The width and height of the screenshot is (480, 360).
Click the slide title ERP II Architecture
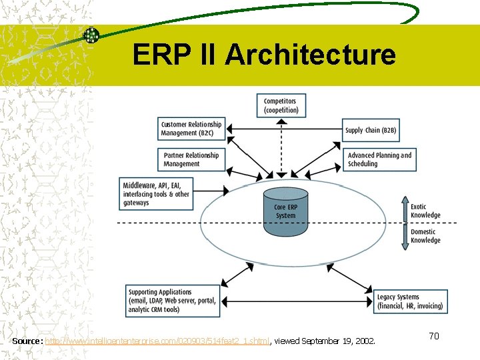[x=264, y=55]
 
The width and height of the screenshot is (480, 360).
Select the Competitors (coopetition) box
[x=280, y=105]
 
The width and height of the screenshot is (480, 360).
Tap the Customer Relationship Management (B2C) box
[x=191, y=129]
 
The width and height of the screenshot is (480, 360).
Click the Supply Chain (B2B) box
[x=371, y=130]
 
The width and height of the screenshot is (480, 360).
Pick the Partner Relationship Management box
[x=191, y=159]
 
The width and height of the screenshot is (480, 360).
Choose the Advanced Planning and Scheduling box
[x=379, y=159]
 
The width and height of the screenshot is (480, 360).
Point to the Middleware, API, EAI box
[x=157, y=194]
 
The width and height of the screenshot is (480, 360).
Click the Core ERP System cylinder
[x=285, y=211]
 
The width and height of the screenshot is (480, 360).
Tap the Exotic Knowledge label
[x=425, y=211]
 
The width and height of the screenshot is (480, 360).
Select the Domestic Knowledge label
[x=425, y=236]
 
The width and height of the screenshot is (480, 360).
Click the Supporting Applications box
[x=172, y=301]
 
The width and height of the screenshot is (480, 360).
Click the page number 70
[x=433, y=336]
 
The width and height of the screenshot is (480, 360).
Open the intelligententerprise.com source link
[x=157, y=341]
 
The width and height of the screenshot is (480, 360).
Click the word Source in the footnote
[x=27, y=341]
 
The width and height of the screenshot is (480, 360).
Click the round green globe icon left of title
[x=91, y=35]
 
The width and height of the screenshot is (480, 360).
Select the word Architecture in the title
[x=310, y=55]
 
